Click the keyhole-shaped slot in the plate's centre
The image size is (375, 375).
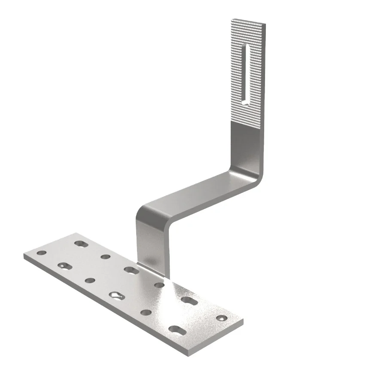tap(116, 295)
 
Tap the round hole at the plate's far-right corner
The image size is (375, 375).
tap(222, 318)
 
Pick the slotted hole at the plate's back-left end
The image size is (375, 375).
tap(80, 243)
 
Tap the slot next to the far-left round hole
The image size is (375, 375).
tap(64, 265)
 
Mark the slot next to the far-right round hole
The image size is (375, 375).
tap(189, 301)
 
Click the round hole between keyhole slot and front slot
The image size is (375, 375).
tap(146, 312)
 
